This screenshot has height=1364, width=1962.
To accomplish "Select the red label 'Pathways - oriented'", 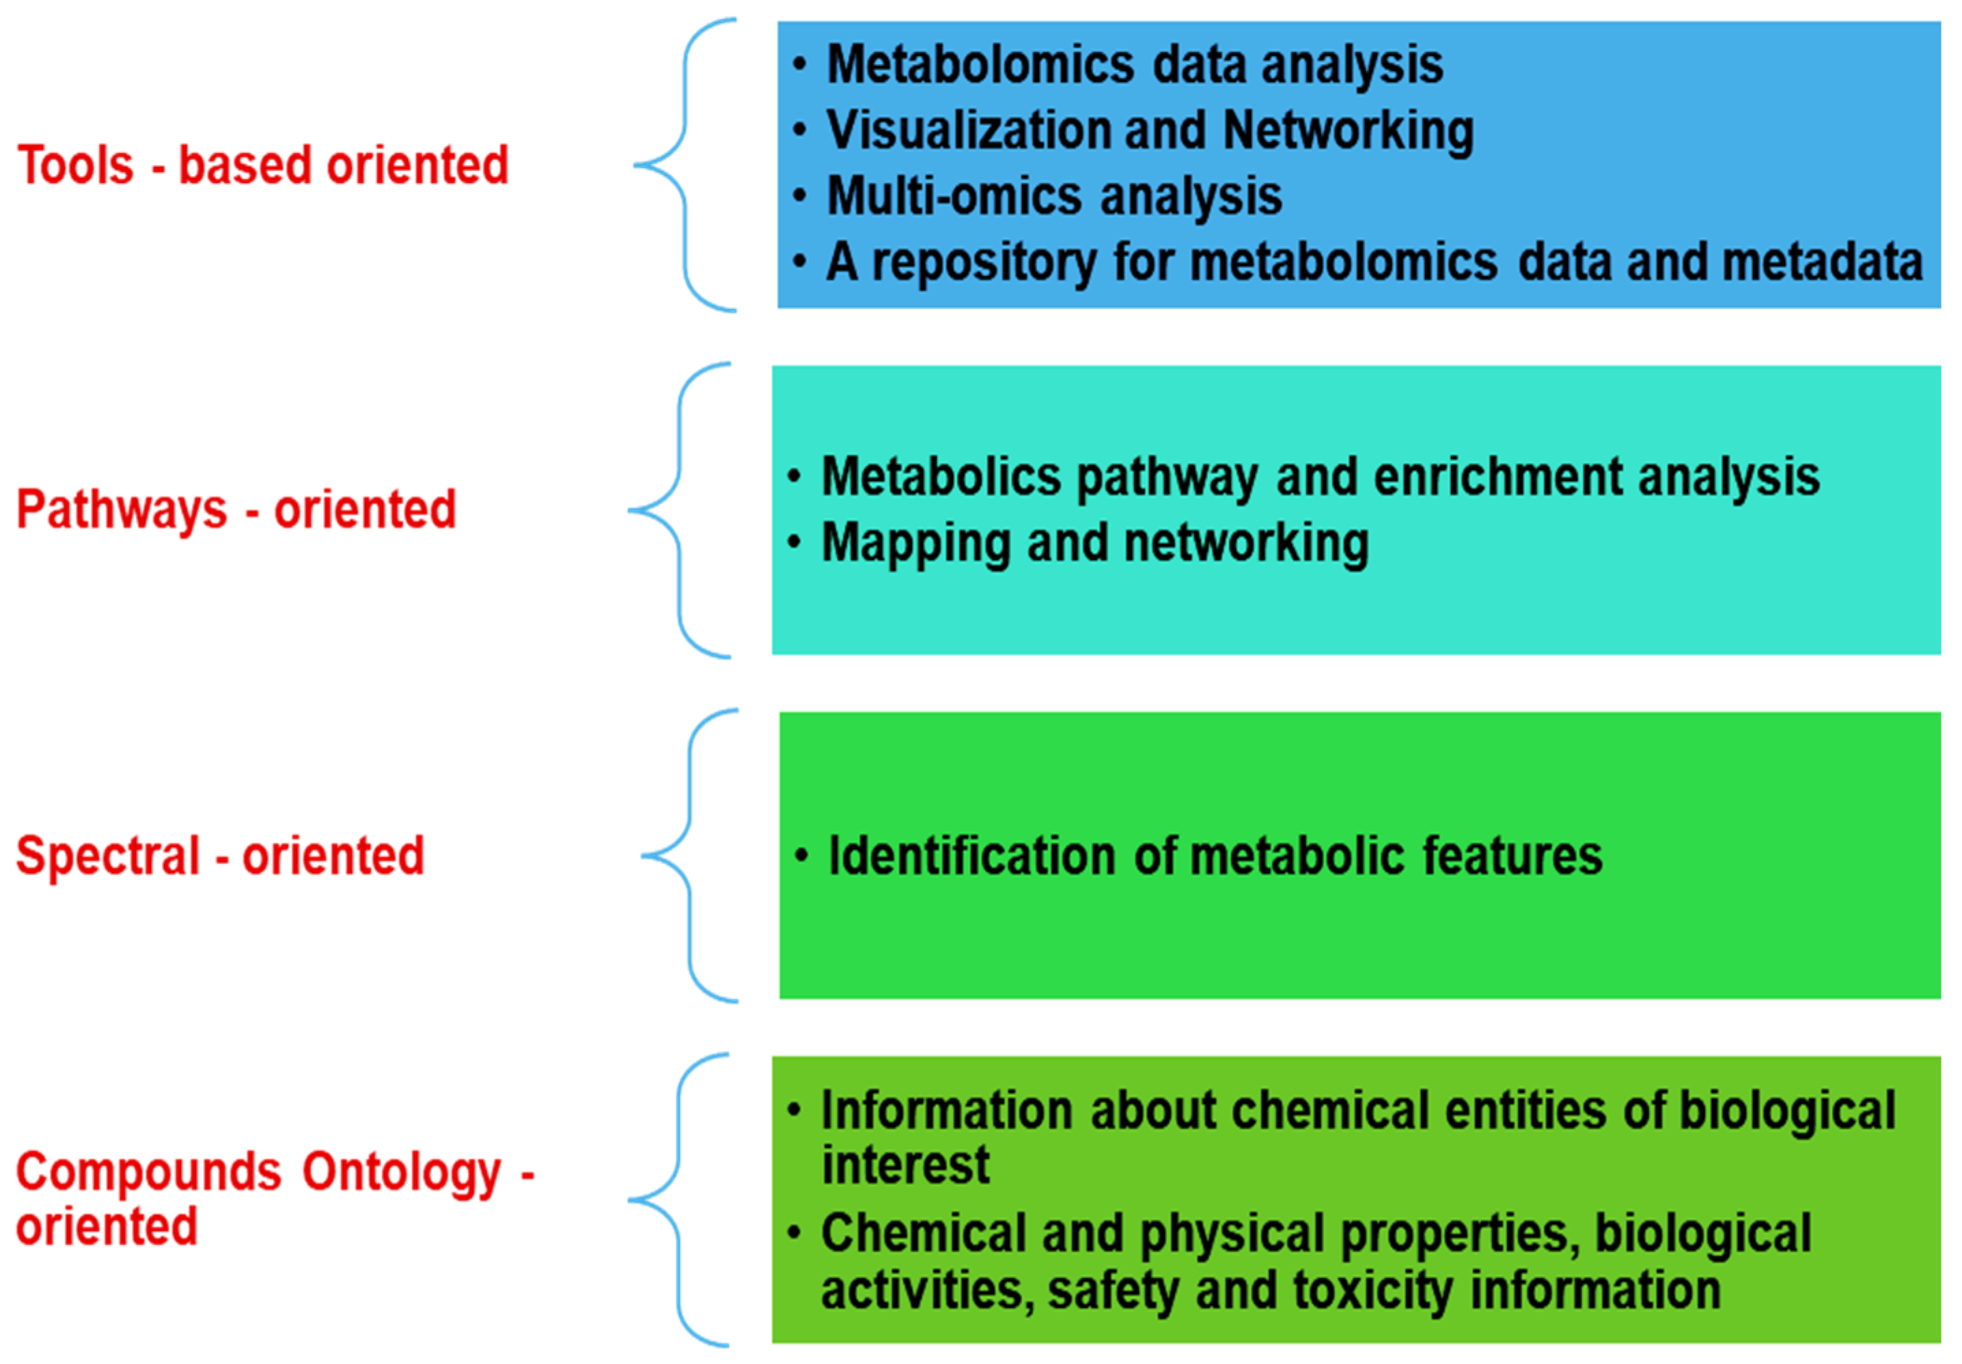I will click(236, 510).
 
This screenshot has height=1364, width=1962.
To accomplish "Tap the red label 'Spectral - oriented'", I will click(219, 856).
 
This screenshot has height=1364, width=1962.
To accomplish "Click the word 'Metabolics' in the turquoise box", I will click(940, 476).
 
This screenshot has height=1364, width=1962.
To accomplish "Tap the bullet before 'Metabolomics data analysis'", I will click(799, 64).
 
